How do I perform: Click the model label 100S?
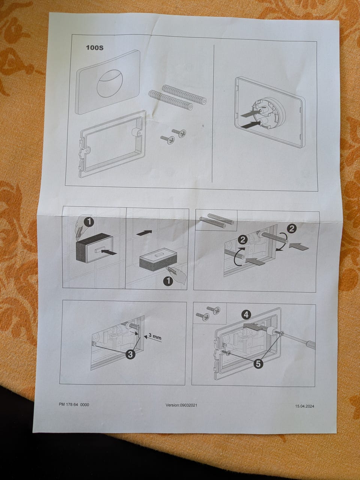pyautogui.click(x=94, y=48)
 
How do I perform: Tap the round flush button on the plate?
pyautogui.click(x=108, y=83)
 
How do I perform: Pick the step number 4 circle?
pyautogui.click(x=246, y=315)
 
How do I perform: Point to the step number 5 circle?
pyautogui.click(x=258, y=364)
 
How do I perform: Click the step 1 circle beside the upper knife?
pyautogui.click(x=89, y=223)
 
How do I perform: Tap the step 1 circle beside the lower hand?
pyautogui.click(x=168, y=281)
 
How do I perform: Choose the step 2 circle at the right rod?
pyautogui.click(x=292, y=229)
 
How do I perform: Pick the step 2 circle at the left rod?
pyautogui.click(x=243, y=241)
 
